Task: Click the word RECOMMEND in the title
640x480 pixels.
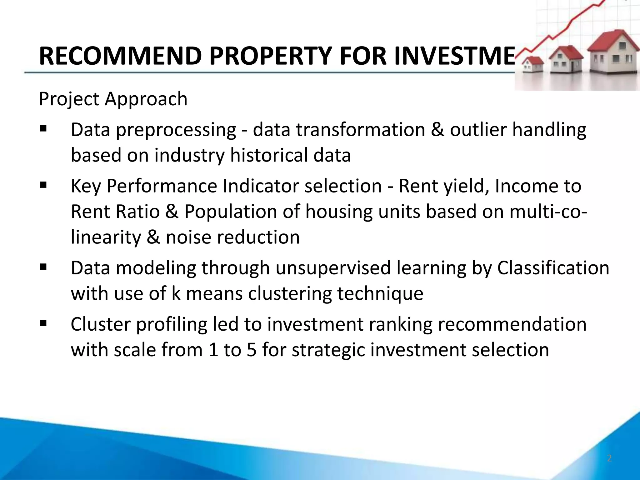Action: [120, 56]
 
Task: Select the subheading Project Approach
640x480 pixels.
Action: [113, 99]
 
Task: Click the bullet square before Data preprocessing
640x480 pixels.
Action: [43, 128]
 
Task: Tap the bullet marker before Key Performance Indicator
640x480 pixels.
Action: [43, 185]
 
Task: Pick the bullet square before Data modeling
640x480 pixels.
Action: [43, 267]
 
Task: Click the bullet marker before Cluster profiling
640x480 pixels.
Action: [43, 323]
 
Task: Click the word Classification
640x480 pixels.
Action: [553, 268]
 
